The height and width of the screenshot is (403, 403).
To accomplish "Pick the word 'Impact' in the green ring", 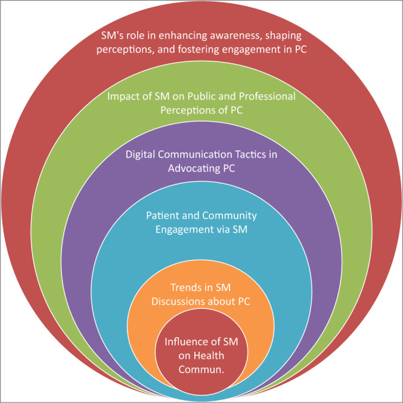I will (x=121, y=96).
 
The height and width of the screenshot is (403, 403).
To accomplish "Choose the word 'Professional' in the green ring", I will (x=266, y=96).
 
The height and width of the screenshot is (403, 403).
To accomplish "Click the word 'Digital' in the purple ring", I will (x=142, y=154).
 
